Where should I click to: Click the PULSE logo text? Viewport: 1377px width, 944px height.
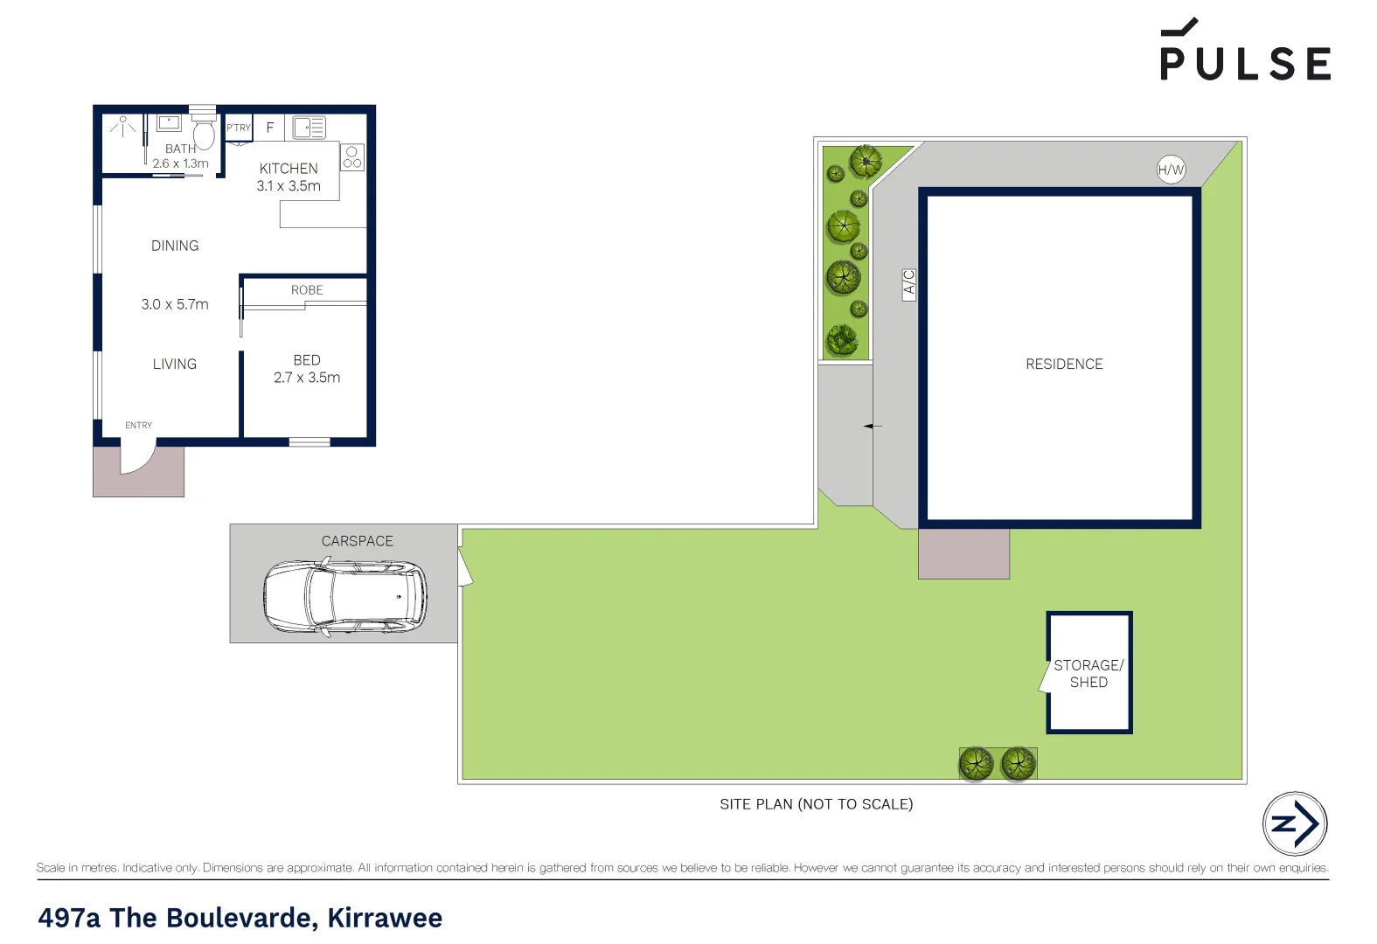click(x=1245, y=63)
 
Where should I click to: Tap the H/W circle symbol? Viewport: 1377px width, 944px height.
click(x=1171, y=170)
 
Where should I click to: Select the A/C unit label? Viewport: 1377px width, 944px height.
click(x=909, y=285)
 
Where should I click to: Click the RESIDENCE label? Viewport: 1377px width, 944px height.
click(x=1064, y=364)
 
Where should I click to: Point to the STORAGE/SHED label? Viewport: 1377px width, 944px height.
click(x=1088, y=673)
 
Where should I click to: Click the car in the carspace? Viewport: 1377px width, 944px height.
click(x=344, y=598)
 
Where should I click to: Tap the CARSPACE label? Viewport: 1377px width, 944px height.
click(x=357, y=541)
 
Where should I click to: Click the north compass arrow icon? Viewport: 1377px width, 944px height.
click(x=1295, y=823)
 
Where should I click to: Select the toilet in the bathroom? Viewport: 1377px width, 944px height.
click(x=204, y=135)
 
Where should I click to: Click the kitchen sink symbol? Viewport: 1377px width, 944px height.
click(x=309, y=128)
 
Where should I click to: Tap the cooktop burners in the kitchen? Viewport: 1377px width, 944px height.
click(x=352, y=157)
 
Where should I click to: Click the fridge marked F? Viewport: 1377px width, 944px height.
click(x=270, y=128)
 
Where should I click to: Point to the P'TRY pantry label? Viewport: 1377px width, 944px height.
click(x=239, y=128)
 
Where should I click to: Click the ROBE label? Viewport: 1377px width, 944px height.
click(x=307, y=290)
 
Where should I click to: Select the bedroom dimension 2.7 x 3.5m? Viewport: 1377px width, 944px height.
click(x=307, y=378)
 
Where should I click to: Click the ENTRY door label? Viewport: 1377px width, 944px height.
click(x=138, y=426)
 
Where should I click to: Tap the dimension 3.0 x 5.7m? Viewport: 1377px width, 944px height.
click(x=175, y=304)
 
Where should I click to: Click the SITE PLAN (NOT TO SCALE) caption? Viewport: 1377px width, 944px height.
click(x=816, y=804)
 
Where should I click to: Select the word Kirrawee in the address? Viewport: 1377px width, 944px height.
click(x=385, y=918)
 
